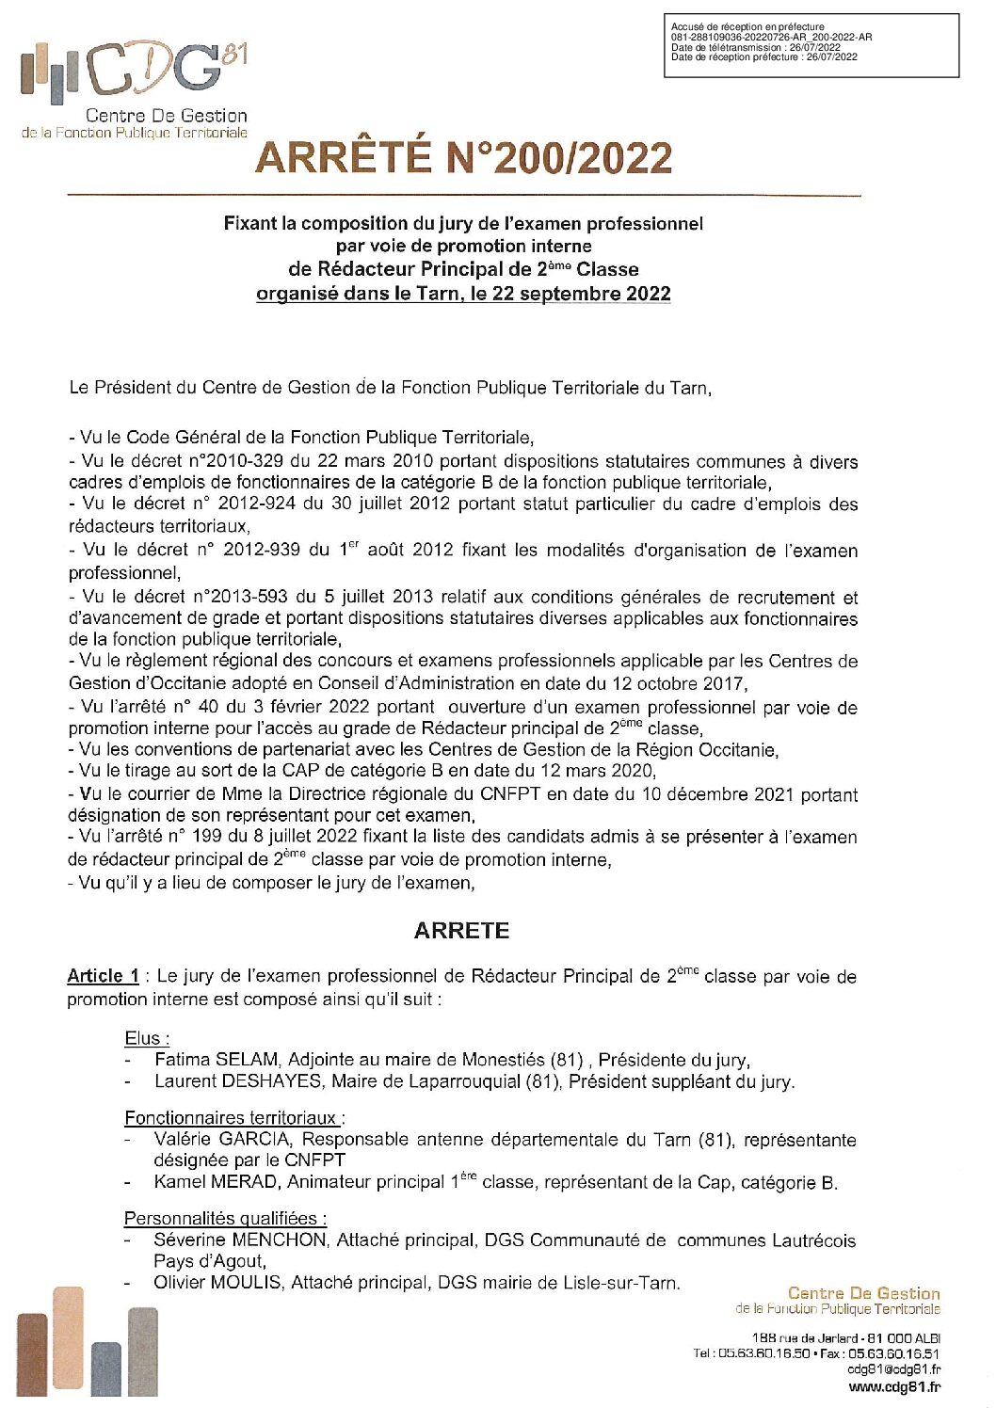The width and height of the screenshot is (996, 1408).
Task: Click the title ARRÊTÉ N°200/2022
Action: (463, 158)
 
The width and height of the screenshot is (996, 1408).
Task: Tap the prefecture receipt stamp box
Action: (811, 45)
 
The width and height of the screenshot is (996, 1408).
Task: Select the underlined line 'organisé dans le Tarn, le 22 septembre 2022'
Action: (463, 294)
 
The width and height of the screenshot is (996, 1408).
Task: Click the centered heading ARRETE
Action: (461, 931)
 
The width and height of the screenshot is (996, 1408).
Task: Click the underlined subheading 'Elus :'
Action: (147, 1038)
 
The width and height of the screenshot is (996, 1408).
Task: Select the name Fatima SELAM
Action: (217, 1060)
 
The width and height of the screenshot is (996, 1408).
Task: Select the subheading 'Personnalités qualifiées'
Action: (224, 1219)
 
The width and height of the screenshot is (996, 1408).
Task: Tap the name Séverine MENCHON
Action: (240, 1240)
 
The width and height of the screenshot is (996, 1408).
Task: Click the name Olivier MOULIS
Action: (217, 1282)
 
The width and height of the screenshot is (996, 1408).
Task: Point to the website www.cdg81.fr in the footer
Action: (893, 1386)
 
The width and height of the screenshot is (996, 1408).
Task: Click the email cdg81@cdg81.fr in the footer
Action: (893, 1369)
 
